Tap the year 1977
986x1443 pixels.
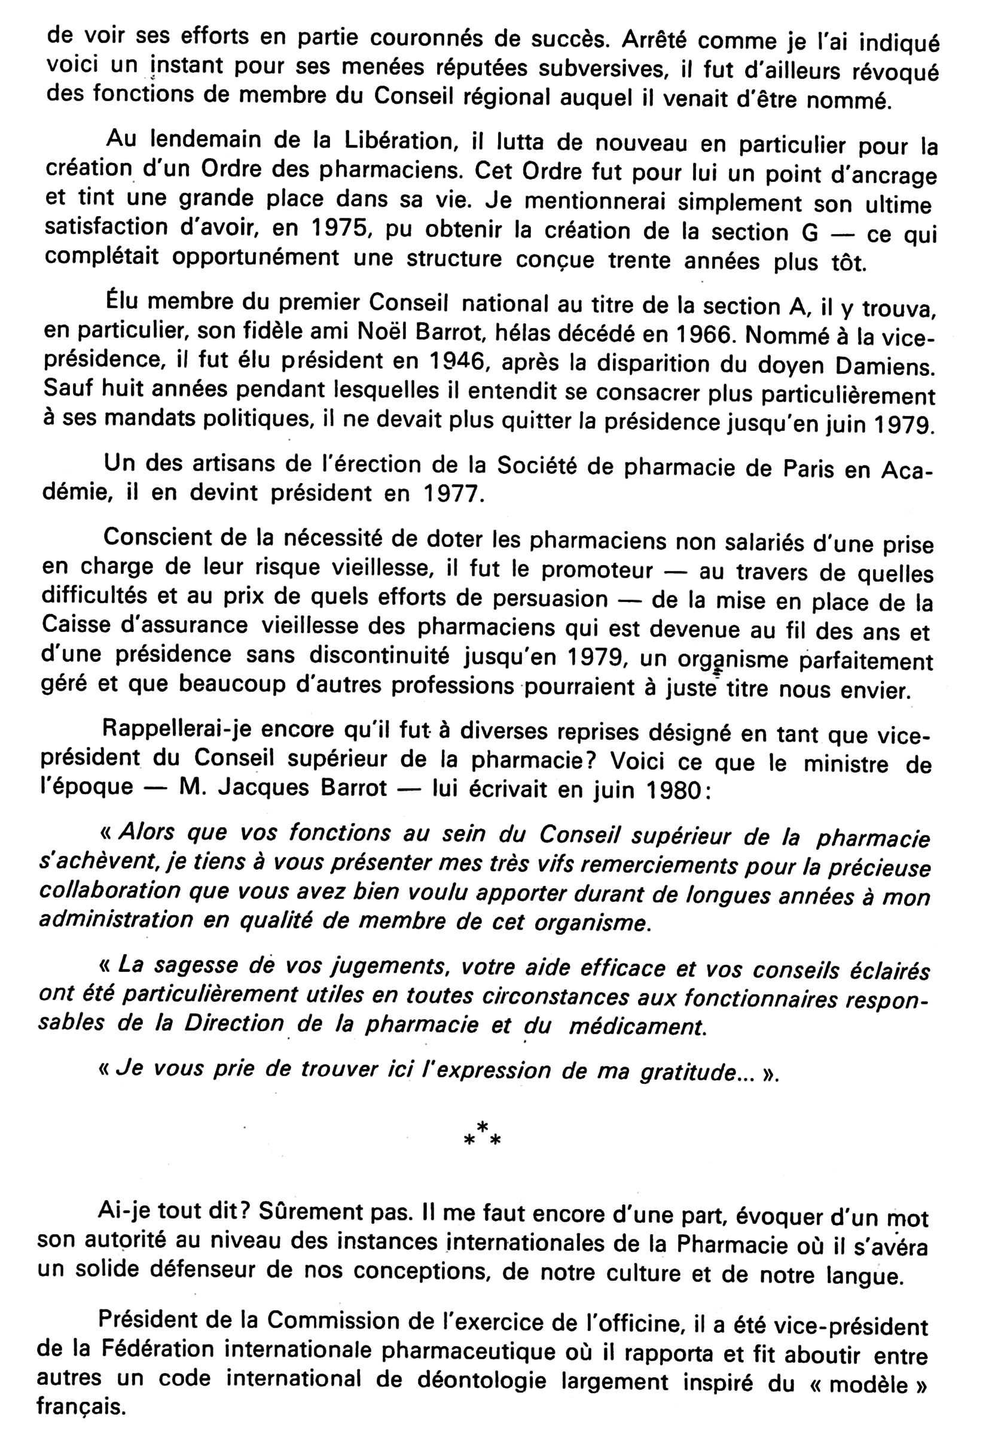click(454, 494)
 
